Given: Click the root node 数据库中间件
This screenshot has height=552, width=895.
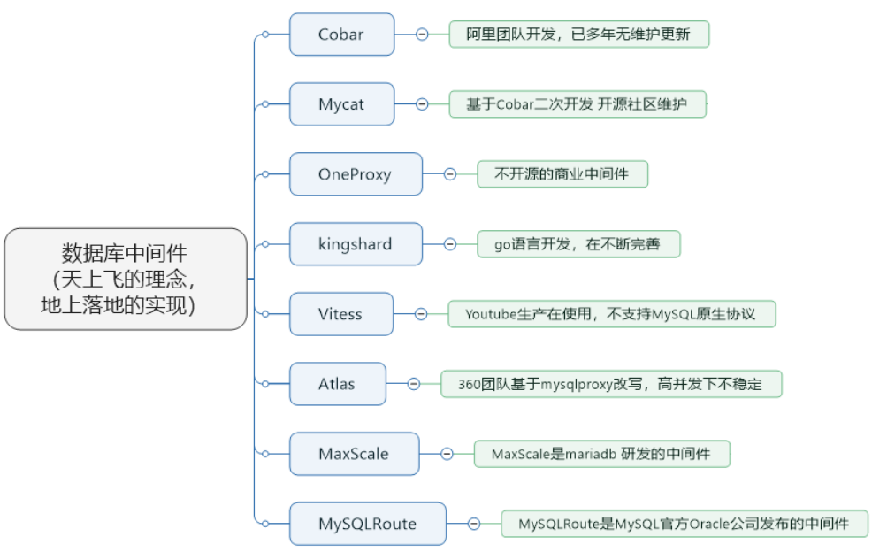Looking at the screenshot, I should [x=125, y=279].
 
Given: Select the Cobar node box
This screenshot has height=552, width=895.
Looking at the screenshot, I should [x=341, y=34].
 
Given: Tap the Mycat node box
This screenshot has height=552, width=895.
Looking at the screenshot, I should [x=341, y=104].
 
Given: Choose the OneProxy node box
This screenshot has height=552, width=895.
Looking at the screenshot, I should [x=355, y=174].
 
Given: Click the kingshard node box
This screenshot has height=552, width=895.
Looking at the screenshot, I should [x=355, y=244].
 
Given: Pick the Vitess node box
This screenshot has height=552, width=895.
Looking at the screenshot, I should [x=341, y=314].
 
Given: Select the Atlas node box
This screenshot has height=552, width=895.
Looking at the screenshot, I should [x=337, y=384].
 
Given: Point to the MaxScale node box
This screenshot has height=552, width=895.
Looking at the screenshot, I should [x=354, y=454].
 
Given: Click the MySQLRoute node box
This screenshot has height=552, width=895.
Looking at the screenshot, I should [x=367, y=524].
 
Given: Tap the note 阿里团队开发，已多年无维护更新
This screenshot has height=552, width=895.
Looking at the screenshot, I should [x=578, y=34].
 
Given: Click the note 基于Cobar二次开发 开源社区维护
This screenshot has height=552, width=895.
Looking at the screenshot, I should [x=577, y=104].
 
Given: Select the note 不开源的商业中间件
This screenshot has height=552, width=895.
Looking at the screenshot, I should [x=562, y=174].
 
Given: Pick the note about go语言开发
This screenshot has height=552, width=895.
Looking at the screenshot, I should [x=578, y=244].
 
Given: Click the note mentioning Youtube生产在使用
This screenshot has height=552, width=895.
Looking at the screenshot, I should [x=610, y=314].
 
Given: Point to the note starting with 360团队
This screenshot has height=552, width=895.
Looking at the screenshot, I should [x=610, y=384].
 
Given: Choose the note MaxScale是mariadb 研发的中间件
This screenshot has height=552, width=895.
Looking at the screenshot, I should [x=601, y=454].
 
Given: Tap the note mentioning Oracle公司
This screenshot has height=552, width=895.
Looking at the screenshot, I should [x=684, y=524].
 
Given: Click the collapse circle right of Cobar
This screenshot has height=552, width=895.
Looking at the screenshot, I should [x=422, y=34].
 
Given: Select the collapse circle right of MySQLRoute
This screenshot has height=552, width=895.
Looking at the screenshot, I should [x=474, y=524].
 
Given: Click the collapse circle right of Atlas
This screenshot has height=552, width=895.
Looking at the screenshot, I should [x=414, y=384].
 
